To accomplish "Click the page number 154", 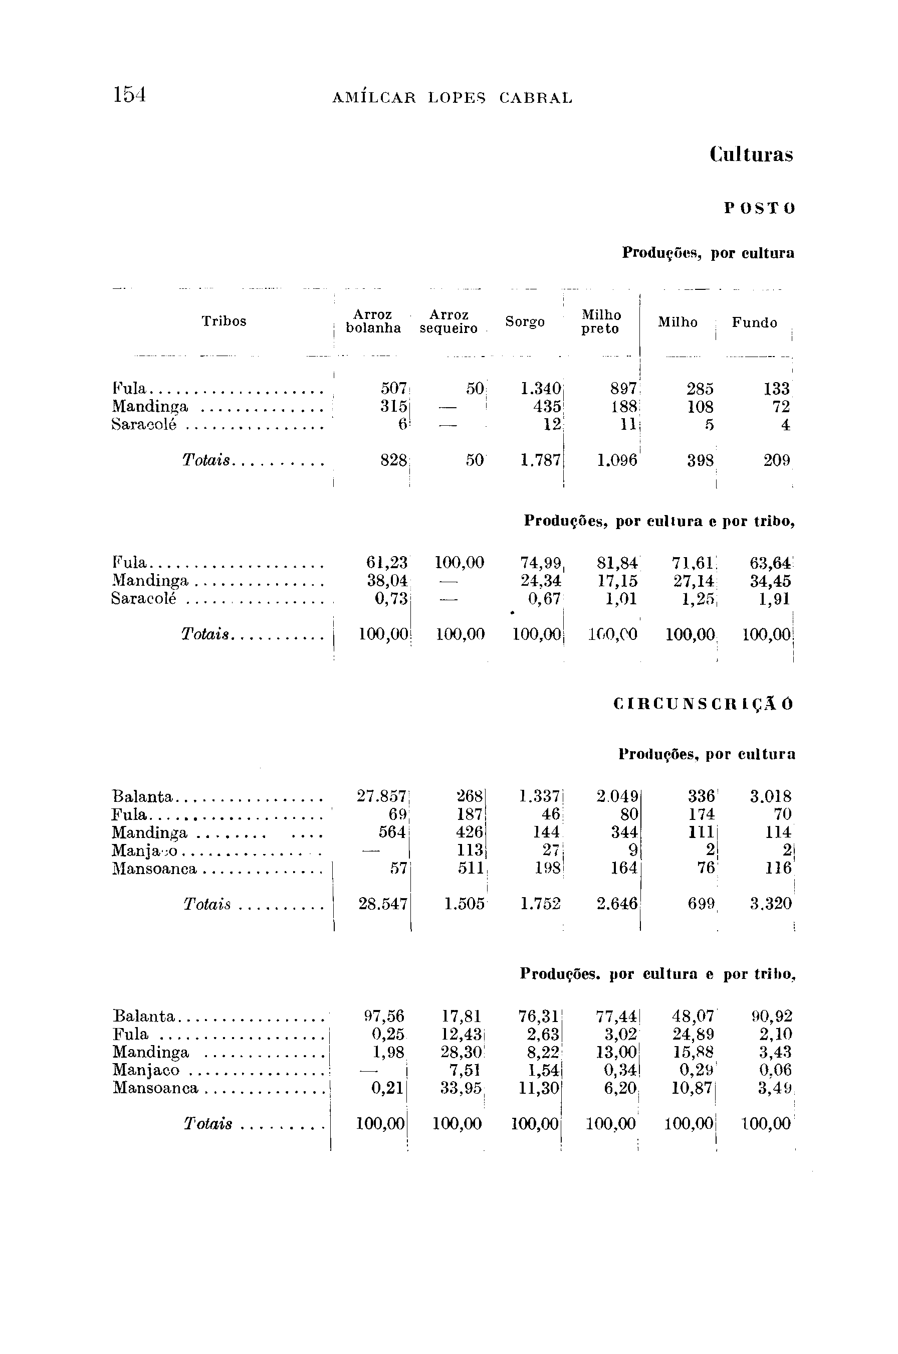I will pyautogui.click(x=129, y=95).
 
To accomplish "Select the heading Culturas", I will pyautogui.click(x=751, y=155).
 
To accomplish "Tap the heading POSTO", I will pyautogui.click(x=759, y=209).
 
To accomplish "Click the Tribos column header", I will pyautogui.click(x=224, y=321).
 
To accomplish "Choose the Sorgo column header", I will pyautogui.click(x=525, y=322).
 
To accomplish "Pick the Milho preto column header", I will pyautogui.click(x=601, y=322).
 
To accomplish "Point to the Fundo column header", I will pyautogui.click(x=754, y=323).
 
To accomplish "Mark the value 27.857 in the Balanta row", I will pyautogui.click(x=381, y=796).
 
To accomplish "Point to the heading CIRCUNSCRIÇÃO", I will pyautogui.click(x=703, y=704).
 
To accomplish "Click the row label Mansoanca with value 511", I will pyautogui.click(x=155, y=869).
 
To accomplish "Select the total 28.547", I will pyautogui.click(x=382, y=904).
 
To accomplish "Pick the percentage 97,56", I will pyautogui.click(x=384, y=1017).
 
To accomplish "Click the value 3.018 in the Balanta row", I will pyautogui.click(x=771, y=796).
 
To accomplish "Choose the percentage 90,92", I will pyautogui.click(x=772, y=1017).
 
